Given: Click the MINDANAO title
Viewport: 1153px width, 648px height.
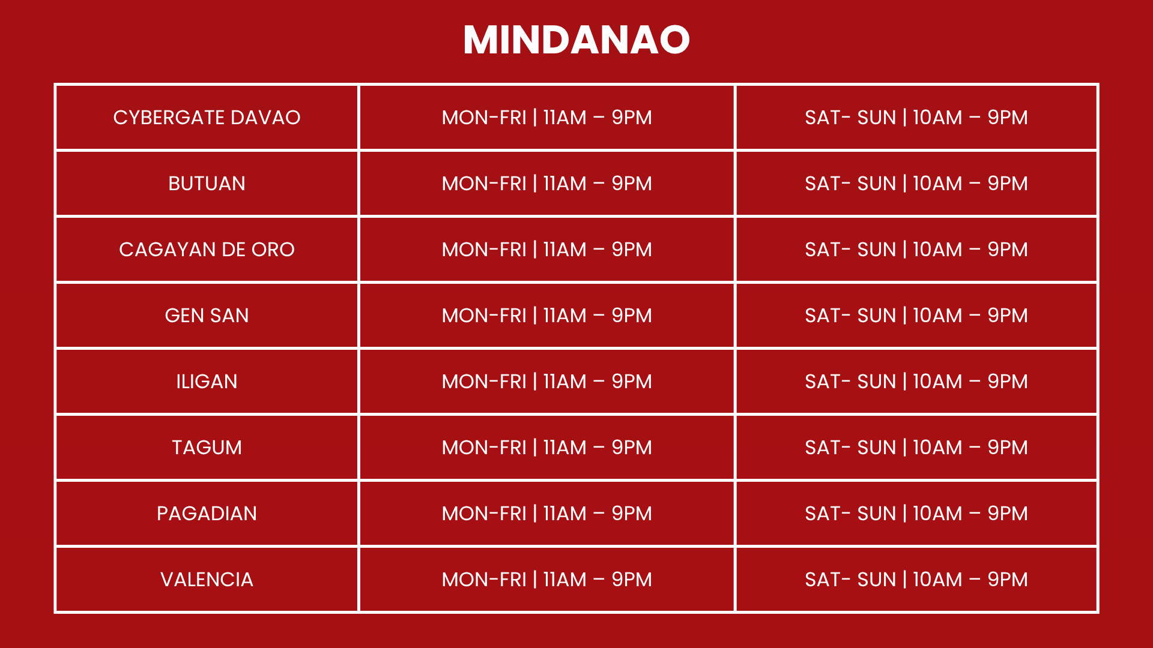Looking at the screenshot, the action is click(x=576, y=40).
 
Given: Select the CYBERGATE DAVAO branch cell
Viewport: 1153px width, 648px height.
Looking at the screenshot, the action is click(x=207, y=118).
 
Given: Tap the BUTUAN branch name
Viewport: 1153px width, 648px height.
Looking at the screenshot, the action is click(x=207, y=184).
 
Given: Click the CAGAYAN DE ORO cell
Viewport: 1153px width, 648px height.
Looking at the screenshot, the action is click(x=207, y=250).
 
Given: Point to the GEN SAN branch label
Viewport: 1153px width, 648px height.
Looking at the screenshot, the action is click(x=207, y=316).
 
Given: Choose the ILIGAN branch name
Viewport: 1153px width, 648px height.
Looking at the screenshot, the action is click(x=207, y=382).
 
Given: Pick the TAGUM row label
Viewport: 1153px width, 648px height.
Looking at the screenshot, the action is click(x=207, y=448).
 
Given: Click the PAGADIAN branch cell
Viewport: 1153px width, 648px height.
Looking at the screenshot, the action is click(x=207, y=514).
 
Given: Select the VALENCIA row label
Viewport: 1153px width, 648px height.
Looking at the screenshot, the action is click(x=207, y=580).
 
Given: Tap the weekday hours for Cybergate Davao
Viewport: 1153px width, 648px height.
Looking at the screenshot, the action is click(x=546, y=118).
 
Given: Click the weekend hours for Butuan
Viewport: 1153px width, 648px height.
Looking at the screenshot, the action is click(x=916, y=184).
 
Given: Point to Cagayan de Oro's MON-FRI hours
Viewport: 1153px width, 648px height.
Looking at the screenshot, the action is click(x=546, y=250).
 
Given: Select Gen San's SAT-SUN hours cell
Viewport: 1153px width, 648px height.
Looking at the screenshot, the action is click(x=916, y=316).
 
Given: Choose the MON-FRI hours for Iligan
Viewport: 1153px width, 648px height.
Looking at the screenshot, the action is click(x=546, y=382).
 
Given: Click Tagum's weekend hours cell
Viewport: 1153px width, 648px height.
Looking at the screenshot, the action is click(x=916, y=448).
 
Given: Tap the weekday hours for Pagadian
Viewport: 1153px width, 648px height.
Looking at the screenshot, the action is click(x=546, y=514).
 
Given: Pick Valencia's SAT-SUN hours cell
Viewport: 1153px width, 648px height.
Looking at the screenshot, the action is click(x=916, y=580).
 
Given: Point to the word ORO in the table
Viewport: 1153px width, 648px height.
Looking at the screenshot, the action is click(x=273, y=250).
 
